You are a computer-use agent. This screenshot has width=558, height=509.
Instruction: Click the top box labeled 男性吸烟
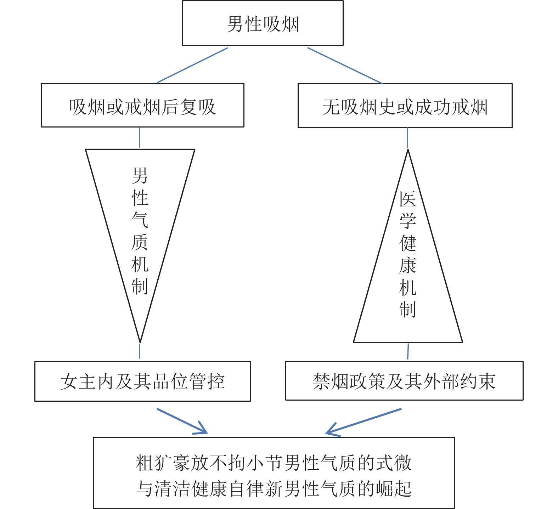coord(263,23)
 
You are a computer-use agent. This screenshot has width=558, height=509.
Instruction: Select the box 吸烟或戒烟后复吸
coord(142,106)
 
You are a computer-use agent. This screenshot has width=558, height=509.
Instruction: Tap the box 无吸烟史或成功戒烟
coord(405,106)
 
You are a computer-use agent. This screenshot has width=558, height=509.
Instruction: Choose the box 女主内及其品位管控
coord(142,381)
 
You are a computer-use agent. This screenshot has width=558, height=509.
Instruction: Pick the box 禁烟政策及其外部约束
coord(404,381)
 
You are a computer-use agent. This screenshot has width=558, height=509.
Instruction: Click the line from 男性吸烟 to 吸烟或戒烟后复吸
coord(192,65)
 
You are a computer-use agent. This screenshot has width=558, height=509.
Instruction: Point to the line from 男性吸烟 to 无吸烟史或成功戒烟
coord(345,66)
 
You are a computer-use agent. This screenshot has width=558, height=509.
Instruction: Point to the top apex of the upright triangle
coord(408,151)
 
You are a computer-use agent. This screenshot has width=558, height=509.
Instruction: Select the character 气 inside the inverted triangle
coord(140,220)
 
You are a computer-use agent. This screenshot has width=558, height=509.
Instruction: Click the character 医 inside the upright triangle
coord(408,199)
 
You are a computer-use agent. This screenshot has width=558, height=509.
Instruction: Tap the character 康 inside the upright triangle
coord(408,265)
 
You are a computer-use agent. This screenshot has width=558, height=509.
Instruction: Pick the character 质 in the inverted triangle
coord(140,242)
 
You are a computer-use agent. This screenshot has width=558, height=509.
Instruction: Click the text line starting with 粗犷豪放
coord(274,463)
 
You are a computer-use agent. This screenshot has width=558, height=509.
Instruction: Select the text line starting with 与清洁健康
coord(274,488)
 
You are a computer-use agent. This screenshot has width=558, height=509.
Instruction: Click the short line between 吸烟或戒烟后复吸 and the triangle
coord(139,137)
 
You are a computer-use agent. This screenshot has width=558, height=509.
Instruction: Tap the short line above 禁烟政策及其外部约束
coord(408,351)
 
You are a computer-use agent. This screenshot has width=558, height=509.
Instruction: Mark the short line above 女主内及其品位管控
coord(139,351)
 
